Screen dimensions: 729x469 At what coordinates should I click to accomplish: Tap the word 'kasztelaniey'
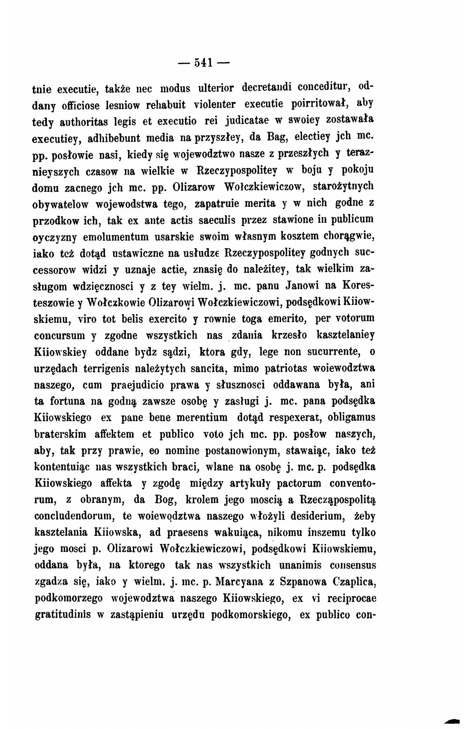pyautogui.click(x=345, y=335)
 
